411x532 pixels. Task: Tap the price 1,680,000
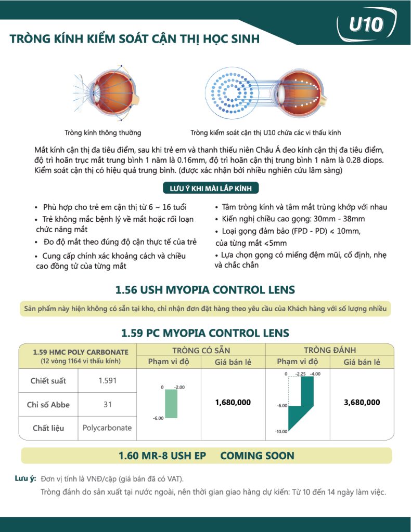tap(233, 402)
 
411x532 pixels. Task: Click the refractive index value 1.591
tap(107, 381)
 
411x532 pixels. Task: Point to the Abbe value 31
tap(107, 404)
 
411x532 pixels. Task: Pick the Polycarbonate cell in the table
tap(107, 428)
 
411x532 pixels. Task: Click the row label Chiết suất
tap(48, 381)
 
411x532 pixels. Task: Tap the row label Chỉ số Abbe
tap(48, 404)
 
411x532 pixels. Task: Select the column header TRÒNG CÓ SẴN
tap(201, 350)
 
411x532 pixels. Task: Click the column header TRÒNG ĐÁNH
tap(330, 350)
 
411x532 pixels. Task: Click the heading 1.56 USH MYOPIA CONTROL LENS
tap(205, 289)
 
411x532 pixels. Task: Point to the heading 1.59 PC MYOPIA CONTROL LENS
tap(205, 332)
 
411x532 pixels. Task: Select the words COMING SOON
tap(257, 456)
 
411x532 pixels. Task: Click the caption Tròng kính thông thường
tap(102, 132)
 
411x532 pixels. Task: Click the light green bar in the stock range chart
tap(172, 403)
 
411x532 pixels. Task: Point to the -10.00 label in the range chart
tap(281, 431)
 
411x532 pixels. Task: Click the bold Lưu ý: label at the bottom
tap(25, 478)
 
